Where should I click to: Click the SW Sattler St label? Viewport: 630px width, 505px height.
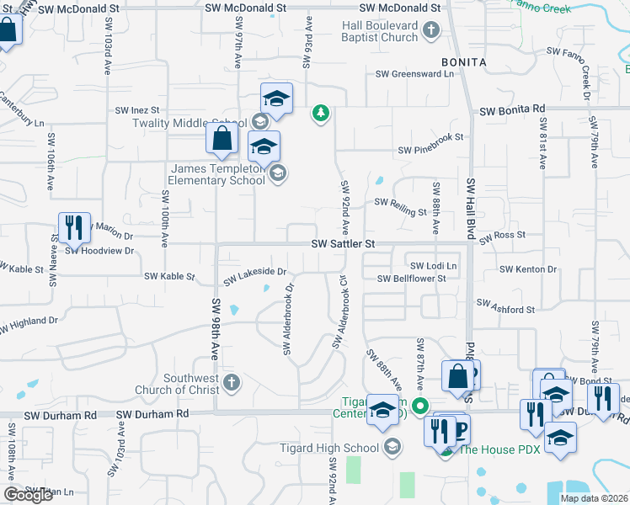click(x=342, y=243)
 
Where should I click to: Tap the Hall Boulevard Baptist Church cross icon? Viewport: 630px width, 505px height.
click(x=430, y=31)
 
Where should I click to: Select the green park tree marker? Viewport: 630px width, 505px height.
click(x=320, y=113)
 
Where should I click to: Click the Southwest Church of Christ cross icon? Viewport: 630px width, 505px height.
click(x=232, y=384)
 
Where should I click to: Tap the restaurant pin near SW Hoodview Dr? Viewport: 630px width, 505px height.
click(x=74, y=227)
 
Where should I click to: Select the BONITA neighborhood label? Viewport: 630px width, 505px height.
click(x=463, y=63)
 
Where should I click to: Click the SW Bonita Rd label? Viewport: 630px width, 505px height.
click(x=512, y=109)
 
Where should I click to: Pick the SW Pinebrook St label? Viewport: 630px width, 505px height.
click(x=431, y=150)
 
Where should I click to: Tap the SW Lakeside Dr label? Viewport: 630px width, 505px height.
click(x=255, y=273)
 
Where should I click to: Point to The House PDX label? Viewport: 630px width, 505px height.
click(x=492, y=449)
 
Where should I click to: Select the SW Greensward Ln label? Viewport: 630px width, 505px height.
click(x=414, y=74)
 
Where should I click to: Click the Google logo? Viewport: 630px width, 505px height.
click(x=27, y=495)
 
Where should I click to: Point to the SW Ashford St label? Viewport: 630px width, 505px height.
click(x=505, y=309)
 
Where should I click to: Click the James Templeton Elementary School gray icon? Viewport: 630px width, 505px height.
click(x=277, y=174)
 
